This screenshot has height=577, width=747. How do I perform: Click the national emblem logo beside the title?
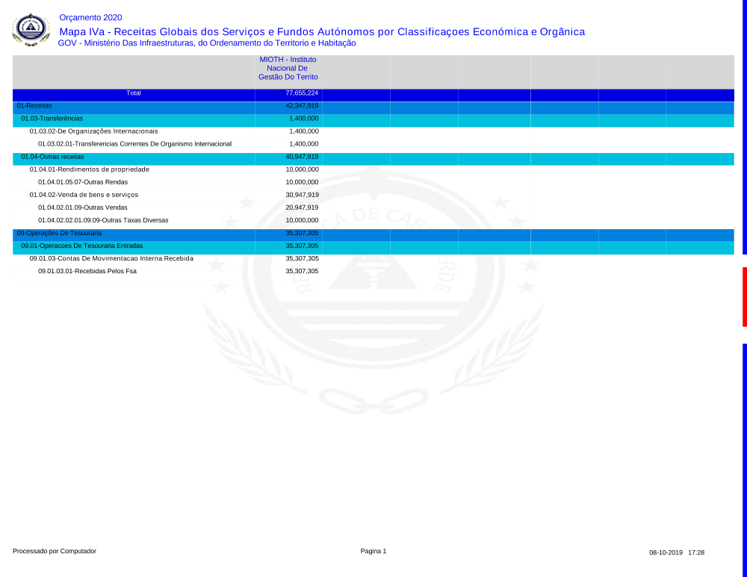[31, 29]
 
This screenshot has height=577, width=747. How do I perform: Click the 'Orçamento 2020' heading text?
[90, 17]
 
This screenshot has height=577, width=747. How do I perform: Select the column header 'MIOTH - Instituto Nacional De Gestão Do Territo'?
[288, 68]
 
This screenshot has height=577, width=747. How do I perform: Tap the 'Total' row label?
[134, 93]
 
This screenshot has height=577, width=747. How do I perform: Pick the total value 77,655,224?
[302, 93]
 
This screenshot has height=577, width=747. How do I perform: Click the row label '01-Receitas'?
[34, 106]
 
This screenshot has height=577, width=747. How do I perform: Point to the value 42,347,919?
[302, 106]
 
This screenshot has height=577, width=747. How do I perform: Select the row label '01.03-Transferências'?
[52, 119]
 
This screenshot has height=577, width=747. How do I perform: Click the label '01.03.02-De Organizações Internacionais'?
[93, 131]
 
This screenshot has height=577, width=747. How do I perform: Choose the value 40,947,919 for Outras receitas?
[302, 157]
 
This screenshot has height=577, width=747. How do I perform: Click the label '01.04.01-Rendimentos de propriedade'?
[89, 169]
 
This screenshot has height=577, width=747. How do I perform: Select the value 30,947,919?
[302, 195]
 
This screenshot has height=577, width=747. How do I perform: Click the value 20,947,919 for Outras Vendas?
[302, 208]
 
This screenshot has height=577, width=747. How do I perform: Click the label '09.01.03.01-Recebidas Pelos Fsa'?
[87, 271]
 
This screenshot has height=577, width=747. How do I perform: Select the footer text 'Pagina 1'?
[373, 551]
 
